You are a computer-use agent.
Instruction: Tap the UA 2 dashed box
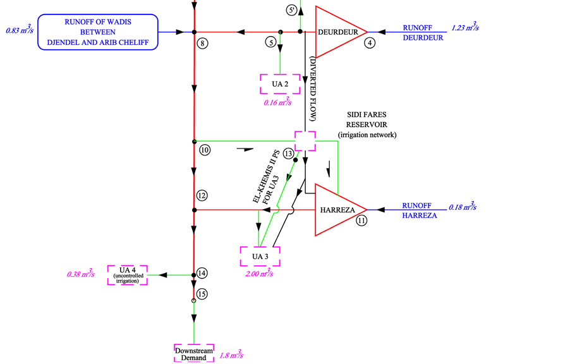[x=280, y=84]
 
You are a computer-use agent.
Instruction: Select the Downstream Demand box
[x=194, y=354]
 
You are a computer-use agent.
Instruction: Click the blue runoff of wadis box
[x=98, y=31]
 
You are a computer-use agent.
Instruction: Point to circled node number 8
[x=202, y=43]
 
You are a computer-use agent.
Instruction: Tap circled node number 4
[x=369, y=43]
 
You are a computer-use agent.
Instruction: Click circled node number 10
[x=204, y=150]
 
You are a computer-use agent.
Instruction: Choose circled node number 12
[x=202, y=195]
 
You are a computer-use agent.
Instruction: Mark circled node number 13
[x=289, y=154]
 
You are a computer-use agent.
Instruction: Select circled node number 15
[x=202, y=293]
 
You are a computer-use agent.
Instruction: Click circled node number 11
[x=361, y=221]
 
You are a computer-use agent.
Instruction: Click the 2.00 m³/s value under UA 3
[x=259, y=274]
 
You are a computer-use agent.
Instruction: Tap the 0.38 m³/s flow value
[x=80, y=274]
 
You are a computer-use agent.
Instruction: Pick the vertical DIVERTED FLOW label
[x=313, y=88]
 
